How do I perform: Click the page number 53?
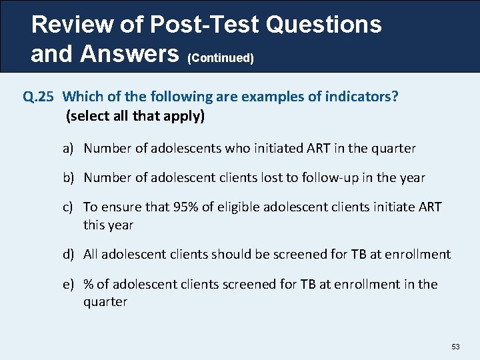(x=456, y=347)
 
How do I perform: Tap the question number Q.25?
(x=39, y=97)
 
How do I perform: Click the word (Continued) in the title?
(x=221, y=59)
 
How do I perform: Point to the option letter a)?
(x=69, y=149)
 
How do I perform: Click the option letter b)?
(x=69, y=178)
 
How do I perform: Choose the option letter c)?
(x=69, y=207)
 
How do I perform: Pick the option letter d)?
(x=69, y=254)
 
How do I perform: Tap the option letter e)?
(x=69, y=285)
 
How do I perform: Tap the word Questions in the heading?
(x=323, y=25)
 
